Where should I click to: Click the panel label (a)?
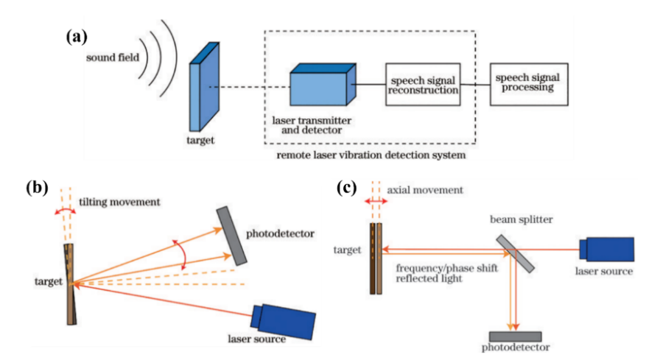pyautogui.click(x=77, y=36)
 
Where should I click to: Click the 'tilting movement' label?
pyautogui.click(x=124, y=202)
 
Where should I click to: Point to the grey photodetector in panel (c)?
pyautogui.click(x=515, y=336)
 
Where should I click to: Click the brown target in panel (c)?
pyautogui.click(x=376, y=258)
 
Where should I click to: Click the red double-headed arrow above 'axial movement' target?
pyautogui.click(x=376, y=200)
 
